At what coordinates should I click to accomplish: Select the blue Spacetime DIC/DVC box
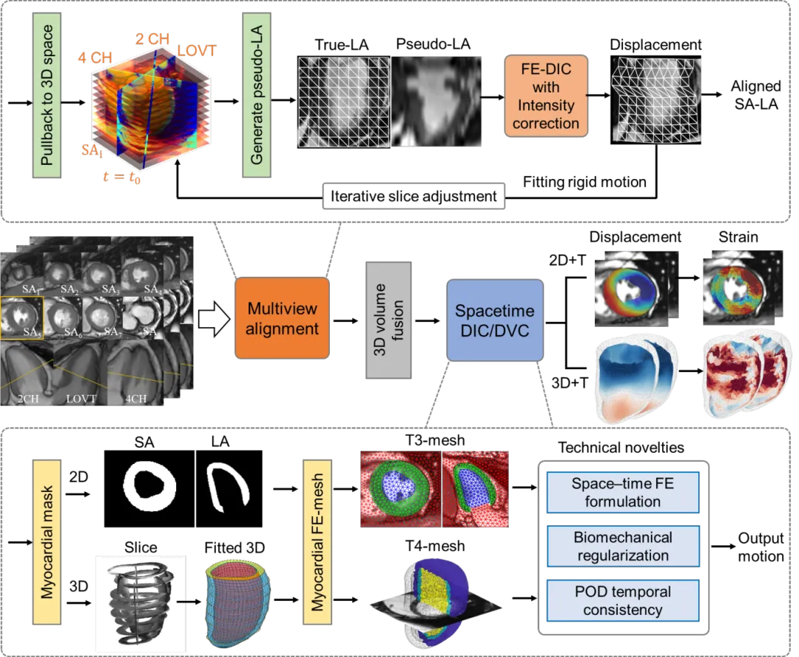tap(495, 320)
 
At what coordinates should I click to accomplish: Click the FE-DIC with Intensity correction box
tap(546, 96)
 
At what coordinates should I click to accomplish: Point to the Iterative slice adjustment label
tap(414, 198)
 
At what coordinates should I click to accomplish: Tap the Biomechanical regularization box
tap(621, 546)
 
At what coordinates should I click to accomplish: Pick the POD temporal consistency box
tap(621, 600)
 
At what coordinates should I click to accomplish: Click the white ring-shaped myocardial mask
tap(150, 489)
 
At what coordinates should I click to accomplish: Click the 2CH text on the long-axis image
tap(32, 400)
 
